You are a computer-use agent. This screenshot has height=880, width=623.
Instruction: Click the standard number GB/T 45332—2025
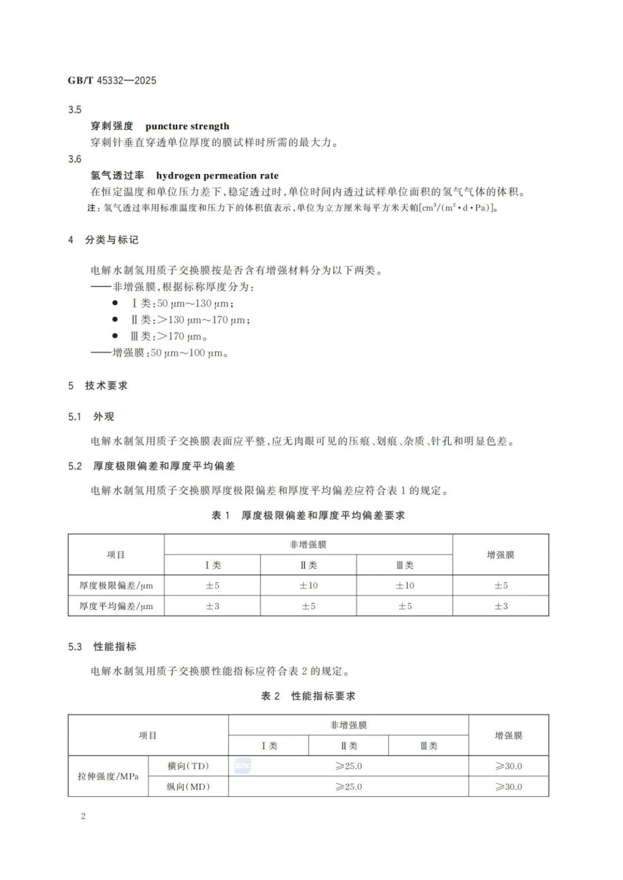[112, 81]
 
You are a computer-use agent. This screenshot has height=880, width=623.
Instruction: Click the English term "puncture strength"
[187, 126]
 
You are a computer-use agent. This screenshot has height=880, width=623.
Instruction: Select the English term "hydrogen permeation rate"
[217, 176]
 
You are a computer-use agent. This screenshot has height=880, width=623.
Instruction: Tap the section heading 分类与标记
[111, 240]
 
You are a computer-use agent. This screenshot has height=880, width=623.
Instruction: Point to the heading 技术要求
[106, 386]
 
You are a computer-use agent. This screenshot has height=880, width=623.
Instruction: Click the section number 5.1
[75, 417]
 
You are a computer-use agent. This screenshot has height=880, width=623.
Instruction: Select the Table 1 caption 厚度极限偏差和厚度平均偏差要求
[322, 515]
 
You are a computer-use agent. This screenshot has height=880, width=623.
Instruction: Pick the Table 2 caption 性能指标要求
[323, 696]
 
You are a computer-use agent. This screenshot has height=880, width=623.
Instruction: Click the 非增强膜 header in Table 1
[308, 545]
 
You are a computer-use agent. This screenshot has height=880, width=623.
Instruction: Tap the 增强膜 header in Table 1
[500, 555]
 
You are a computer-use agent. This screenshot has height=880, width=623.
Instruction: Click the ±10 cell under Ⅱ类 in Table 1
[308, 586]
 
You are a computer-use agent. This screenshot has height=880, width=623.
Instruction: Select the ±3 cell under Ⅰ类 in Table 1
[212, 606]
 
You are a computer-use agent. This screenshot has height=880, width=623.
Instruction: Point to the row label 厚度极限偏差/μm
[116, 586]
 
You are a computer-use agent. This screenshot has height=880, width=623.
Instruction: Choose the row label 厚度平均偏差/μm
[116, 606]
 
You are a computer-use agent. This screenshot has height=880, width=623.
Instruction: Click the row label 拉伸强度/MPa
[108, 776]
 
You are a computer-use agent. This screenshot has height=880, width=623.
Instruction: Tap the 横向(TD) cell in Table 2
[188, 766]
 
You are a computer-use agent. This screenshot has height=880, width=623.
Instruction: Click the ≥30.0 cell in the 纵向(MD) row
[508, 787]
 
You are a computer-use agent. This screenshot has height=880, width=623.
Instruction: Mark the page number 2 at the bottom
[83, 816]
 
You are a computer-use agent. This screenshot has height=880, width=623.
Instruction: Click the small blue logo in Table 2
[243, 766]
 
